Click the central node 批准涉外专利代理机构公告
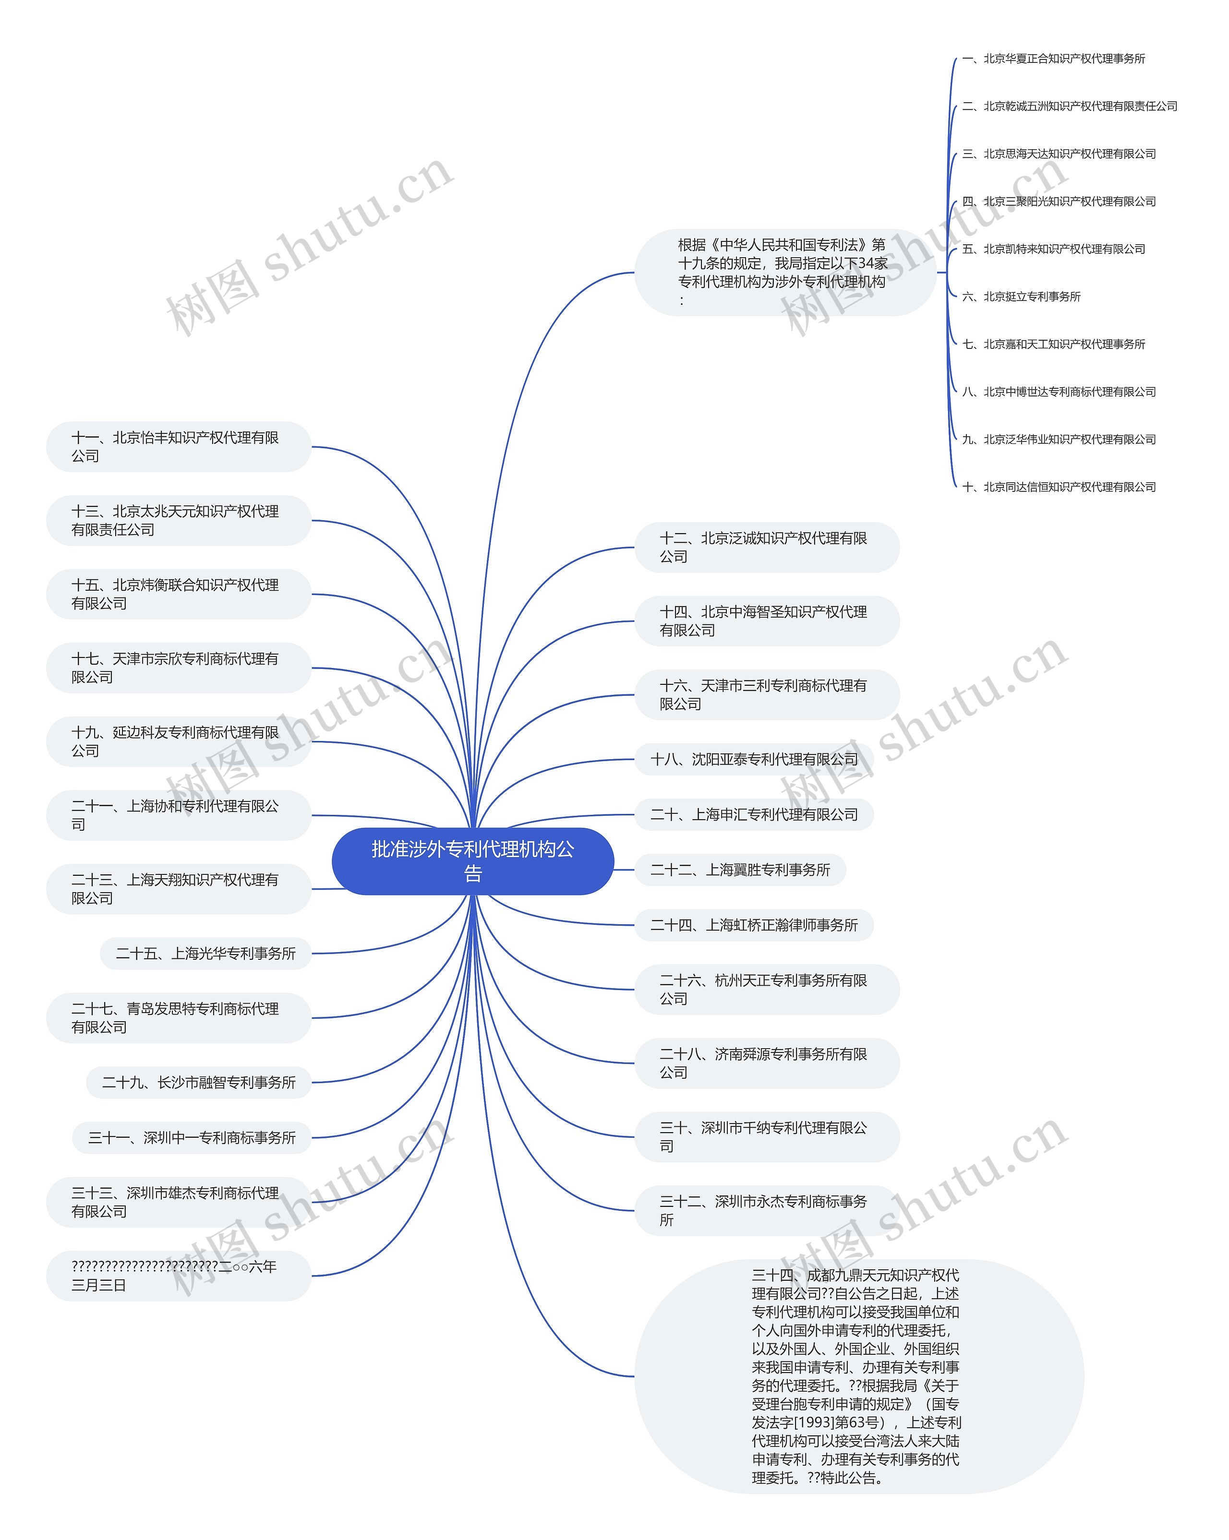coord(472,861)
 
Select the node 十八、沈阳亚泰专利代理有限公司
coord(754,759)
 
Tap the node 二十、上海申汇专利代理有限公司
coord(754,814)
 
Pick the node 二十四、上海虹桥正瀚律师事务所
coord(754,925)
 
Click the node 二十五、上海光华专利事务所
coord(206,954)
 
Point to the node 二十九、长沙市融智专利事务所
coord(199,1082)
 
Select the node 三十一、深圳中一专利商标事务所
coord(192,1138)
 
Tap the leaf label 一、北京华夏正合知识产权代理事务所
coord(1053,59)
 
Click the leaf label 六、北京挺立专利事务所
coord(1021,297)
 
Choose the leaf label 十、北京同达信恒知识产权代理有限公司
coord(1059,487)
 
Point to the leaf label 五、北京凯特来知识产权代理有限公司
coord(1053,249)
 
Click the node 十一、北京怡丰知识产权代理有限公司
coord(179,446)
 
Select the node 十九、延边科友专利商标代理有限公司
coord(179,741)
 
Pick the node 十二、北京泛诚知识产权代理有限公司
coord(767,547)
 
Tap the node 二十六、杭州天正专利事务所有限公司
coord(767,989)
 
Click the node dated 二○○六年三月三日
coord(179,1276)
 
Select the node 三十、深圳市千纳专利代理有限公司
coord(767,1136)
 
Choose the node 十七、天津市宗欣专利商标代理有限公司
coord(179,668)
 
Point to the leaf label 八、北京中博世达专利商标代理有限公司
coord(1059,392)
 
